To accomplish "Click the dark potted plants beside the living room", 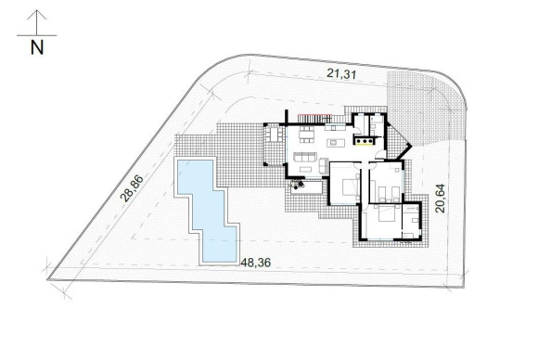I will point(299,183).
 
